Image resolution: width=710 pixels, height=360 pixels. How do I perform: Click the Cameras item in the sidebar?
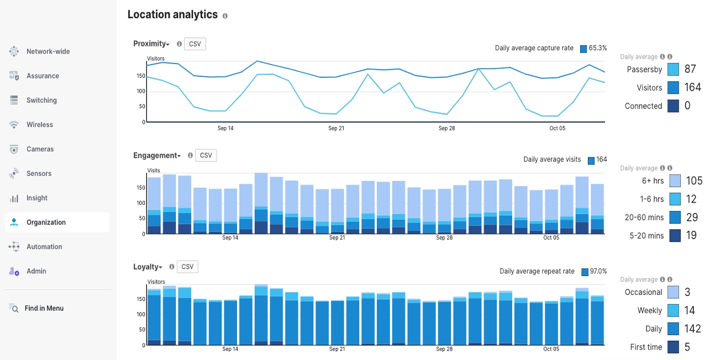coord(40,149)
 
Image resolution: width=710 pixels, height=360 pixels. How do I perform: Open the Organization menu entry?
coord(46,223)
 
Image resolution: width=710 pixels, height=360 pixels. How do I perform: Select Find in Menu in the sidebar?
coord(44,308)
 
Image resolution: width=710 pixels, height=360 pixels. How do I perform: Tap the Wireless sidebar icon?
coord(14,125)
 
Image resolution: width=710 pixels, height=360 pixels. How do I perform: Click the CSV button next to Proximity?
coord(194,44)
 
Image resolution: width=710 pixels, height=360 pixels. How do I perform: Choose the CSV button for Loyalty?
coord(187,267)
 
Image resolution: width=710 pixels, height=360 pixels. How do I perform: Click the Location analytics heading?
coord(172,15)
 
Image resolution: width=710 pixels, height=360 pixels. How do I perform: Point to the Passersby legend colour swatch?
coord(673,70)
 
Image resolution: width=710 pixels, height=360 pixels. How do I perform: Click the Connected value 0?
coord(687,106)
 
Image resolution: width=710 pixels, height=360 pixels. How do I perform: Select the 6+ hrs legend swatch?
coord(675,181)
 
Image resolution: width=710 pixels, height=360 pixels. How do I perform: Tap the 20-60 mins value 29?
coord(692,218)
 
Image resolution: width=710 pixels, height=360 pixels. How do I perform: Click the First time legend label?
coord(646,347)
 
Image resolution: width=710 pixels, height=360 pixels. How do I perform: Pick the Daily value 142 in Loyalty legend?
coord(693,329)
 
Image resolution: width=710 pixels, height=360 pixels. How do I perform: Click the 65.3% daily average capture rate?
coord(598,48)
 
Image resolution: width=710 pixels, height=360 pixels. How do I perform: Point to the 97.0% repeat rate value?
coord(598,271)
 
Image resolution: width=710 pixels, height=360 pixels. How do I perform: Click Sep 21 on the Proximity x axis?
coord(336,128)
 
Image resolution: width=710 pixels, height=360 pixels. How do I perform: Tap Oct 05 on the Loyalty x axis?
coord(551,349)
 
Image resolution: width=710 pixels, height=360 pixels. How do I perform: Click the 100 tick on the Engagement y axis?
coord(141,203)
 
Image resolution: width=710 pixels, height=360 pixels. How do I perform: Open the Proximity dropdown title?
coord(151,44)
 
